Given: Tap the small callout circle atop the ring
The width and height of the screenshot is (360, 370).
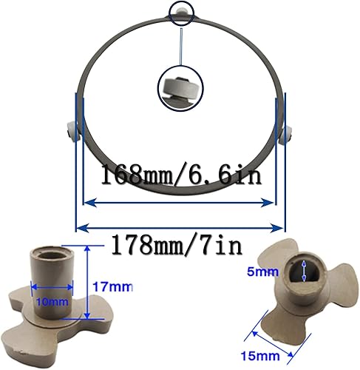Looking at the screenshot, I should (180, 11).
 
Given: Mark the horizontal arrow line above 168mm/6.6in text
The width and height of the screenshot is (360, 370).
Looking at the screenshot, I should (177, 198).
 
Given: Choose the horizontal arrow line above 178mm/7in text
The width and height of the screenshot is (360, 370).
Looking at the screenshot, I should (177, 226).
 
